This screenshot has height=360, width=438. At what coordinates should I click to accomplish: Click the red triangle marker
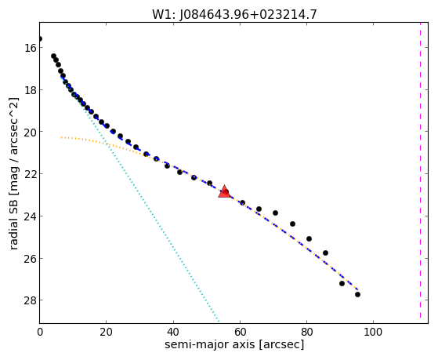point(224,191)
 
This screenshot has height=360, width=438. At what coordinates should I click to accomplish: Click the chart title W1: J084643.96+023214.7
point(234,14)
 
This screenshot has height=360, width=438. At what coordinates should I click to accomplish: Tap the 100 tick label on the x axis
point(373,332)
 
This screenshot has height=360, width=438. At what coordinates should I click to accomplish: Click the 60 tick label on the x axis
point(240,332)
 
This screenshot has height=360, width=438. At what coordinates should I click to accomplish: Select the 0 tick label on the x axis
point(40,332)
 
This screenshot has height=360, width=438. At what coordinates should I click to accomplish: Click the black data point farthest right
point(357,294)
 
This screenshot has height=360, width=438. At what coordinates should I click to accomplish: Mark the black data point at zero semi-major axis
point(40,39)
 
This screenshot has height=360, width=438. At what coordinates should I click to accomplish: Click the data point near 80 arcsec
point(309,238)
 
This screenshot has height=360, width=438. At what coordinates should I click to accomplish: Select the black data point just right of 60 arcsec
point(242,202)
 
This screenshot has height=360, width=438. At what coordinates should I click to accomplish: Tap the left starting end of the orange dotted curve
point(61,137)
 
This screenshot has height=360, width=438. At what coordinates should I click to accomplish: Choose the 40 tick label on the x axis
point(173,332)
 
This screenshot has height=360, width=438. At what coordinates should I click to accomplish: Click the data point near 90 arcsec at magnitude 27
point(342,283)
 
